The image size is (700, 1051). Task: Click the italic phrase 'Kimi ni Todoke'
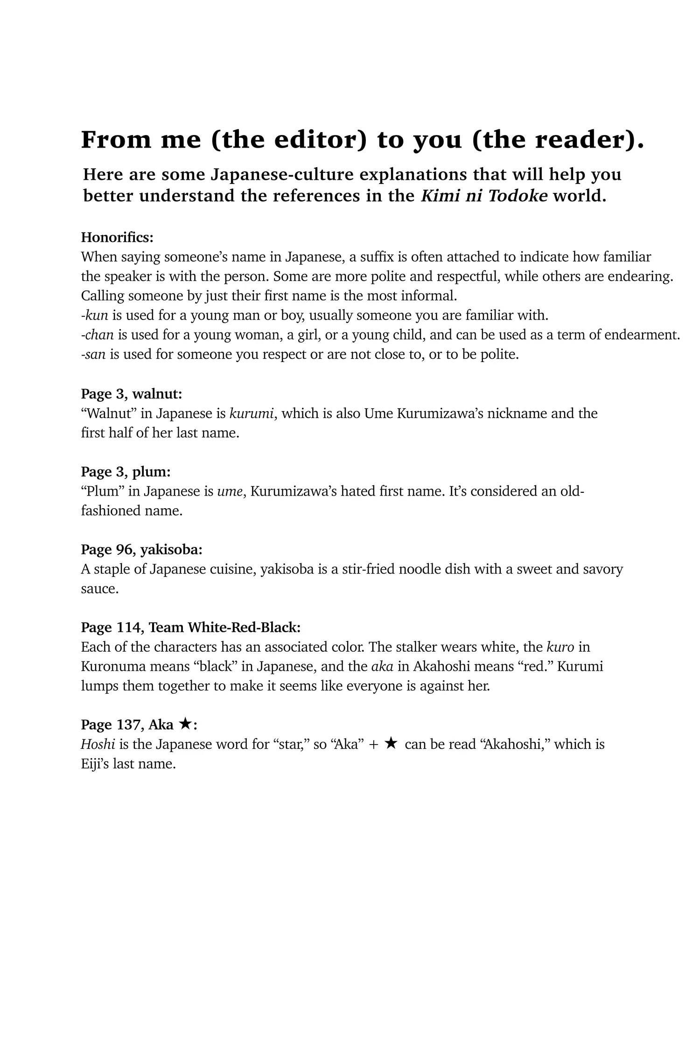(484, 196)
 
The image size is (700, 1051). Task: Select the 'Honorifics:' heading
(117, 237)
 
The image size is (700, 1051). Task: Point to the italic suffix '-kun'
(95, 315)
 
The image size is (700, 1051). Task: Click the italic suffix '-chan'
(98, 335)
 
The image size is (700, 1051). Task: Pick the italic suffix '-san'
(93, 355)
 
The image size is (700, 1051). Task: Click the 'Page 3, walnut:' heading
(132, 394)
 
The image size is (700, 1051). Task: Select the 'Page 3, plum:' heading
(126, 472)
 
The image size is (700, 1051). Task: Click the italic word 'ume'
(229, 491)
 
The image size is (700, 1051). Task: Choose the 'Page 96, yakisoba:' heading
(142, 550)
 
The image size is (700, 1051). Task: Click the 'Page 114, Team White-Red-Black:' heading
(190, 627)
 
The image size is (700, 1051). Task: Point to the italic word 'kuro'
(560, 647)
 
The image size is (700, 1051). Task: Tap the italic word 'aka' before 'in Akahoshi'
(382, 667)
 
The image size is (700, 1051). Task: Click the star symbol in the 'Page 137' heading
(185, 724)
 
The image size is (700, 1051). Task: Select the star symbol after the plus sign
(391, 744)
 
